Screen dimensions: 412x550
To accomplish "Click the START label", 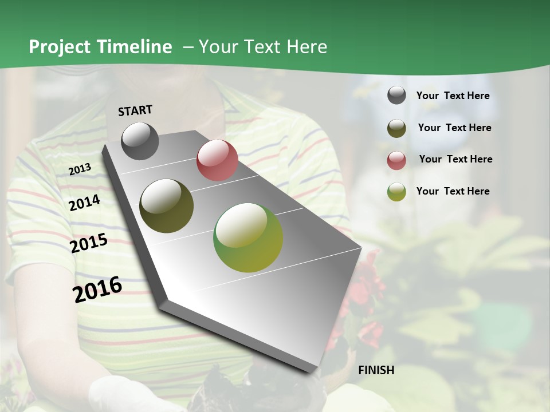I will point(135,110).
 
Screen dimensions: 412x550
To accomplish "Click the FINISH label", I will point(376,370).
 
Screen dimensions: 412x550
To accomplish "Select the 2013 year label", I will point(80,169).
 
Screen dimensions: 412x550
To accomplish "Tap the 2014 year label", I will point(85,203).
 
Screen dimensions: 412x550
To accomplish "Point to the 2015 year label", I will point(89,243).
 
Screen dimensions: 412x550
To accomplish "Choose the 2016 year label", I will point(97,289).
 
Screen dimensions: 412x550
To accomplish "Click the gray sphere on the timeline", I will point(140,141).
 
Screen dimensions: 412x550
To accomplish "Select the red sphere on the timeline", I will point(217,160).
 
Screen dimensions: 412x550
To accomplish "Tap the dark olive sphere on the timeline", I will point(166,206).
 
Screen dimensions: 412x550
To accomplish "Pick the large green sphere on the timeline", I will point(248,237).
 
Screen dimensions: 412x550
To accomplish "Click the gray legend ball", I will point(396,96).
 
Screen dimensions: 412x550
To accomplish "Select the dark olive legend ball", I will point(396,128).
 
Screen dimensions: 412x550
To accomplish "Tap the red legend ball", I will point(396,160).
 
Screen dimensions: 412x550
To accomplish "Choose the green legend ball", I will point(396,192).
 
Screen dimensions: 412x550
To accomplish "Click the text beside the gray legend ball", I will point(453,96).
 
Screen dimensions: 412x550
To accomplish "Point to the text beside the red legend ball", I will point(455,159).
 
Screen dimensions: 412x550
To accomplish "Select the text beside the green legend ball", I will point(453,191).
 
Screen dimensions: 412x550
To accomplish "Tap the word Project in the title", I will point(59,47).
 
